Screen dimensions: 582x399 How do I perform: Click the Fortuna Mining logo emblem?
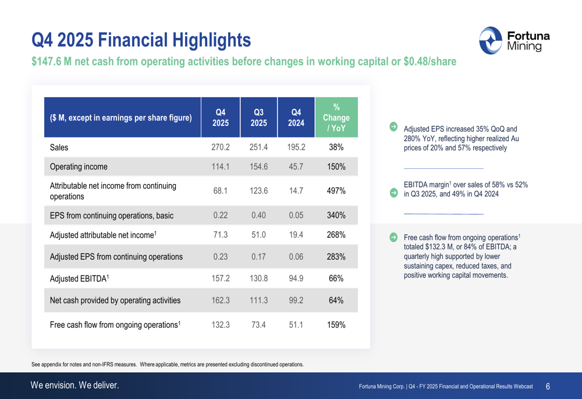pyautogui.click(x=490, y=41)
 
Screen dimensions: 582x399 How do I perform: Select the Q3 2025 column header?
pyautogui.click(x=259, y=118)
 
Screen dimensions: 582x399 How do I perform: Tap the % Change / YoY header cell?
pyautogui.click(x=336, y=118)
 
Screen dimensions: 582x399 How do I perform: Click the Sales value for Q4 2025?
pyautogui.click(x=221, y=147)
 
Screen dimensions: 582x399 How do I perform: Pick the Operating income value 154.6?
pyautogui.click(x=259, y=167)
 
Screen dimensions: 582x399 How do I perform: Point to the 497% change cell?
pyautogui.click(x=336, y=190)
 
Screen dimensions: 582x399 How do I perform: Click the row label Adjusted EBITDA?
pyautogui.click(x=79, y=278)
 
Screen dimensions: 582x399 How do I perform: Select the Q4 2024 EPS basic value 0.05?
pyautogui.click(x=296, y=215)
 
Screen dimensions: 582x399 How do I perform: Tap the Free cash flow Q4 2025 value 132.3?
pyautogui.click(x=221, y=324)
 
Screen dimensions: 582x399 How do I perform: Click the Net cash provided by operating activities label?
pyautogui.click(x=115, y=300)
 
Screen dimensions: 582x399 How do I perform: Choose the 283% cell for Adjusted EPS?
pyautogui.click(x=336, y=257)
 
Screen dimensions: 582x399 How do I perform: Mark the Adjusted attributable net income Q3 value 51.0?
pyautogui.click(x=259, y=235)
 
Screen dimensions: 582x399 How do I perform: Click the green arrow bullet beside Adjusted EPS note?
pyautogui.click(x=393, y=126)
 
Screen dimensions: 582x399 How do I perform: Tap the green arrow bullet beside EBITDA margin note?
pyautogui.click(x=393, y=193)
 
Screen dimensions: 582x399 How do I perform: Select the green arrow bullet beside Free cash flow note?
pyautogui.click(x=393, y=237)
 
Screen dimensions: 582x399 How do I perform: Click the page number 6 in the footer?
pyautogui.click(x=548, y=386)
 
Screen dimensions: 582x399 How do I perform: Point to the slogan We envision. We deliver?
pyautogui.click(x=74, y=385)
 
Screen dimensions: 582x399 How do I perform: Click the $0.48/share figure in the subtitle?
pyautogui.click(x=430, y=61)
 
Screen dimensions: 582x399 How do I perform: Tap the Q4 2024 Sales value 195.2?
pyautogui.click(x=296, y=147)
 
